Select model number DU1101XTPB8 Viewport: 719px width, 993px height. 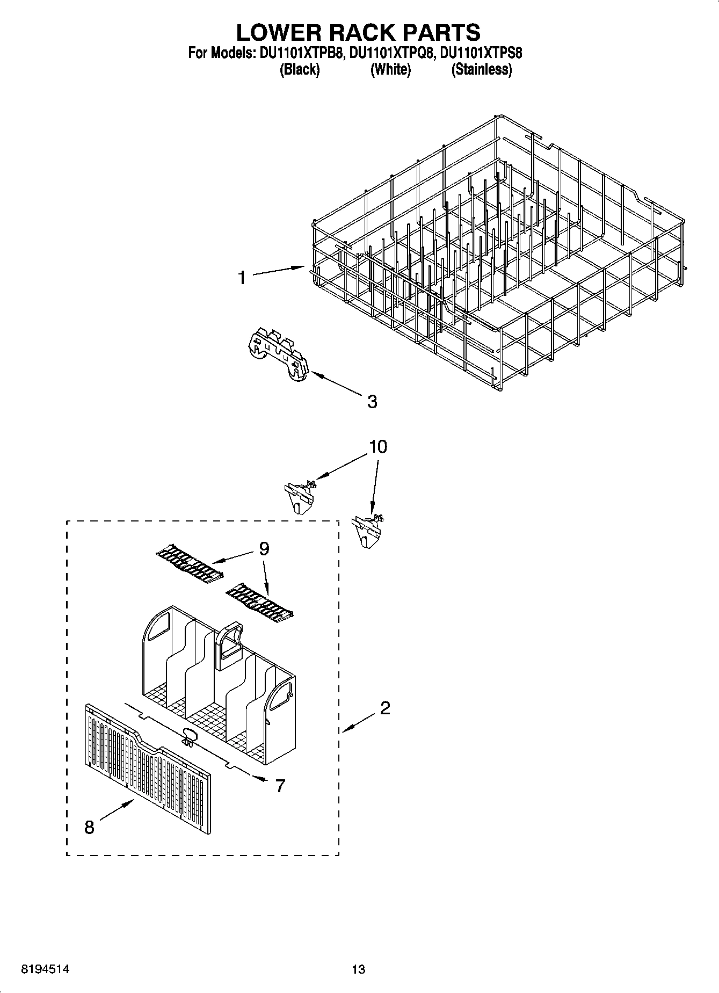pyautogui.click(x=301, y=53)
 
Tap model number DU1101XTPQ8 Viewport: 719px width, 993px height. pyautogui.click(x=391, y=53)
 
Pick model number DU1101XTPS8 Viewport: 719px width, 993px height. pyautogui.click(x=481, y=53)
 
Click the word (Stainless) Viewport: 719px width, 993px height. pyautogui.click(x=481, y=69)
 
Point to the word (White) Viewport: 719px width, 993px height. pyautogui.click(x=390, y=69)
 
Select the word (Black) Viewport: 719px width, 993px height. pyautogui.click(x=300, y=69)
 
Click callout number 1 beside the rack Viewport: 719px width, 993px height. pyautogui.click(x=242, y=278)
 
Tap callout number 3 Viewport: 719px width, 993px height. pyautogui.click(x=372, y=401)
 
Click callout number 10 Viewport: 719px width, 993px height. pyautogui.click(x=378, y=446)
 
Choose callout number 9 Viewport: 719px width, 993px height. pyautogui.click(x=264, y=548)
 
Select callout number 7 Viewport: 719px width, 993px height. pyautogui.click(x=280, y=786)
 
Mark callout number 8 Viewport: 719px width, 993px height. pyautogui.click(x=89, y=828)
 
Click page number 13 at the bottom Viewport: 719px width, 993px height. pyautogui.click(x=358, y=969)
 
